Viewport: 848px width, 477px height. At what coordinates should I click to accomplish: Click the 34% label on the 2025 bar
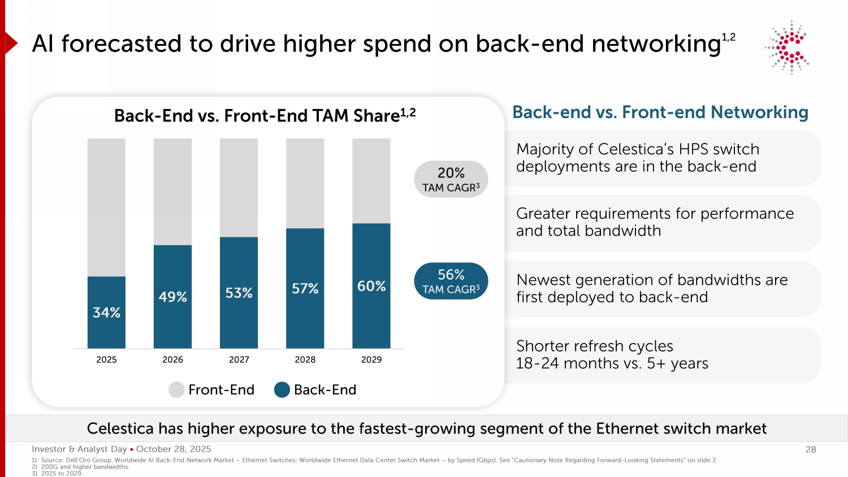coord(106,313)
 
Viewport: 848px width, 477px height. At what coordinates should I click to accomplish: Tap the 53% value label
coord(239,293)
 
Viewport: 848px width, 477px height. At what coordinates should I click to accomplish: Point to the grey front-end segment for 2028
coord(305,183)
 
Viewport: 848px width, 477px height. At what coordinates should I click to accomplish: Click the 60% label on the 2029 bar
coord(371,286)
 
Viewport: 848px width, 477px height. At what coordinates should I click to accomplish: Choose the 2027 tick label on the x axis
coord(239,359)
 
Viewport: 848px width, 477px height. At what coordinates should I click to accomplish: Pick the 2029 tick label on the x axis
coord(371,359)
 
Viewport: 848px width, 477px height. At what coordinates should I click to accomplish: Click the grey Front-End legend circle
coord(176,389)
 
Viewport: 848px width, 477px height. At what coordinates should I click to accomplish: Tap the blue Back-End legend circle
coord(282,389)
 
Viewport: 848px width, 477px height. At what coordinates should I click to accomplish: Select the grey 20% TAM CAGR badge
coord(451,179)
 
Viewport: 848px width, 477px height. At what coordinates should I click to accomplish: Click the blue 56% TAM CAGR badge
coord(451,281)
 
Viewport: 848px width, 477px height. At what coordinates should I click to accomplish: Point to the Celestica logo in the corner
coord(788,47)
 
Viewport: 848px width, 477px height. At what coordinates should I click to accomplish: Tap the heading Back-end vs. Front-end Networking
coord(660,112)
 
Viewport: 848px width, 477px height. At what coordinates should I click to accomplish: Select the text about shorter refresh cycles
coord(612,354)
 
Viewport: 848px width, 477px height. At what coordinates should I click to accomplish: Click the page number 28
coord(810,449)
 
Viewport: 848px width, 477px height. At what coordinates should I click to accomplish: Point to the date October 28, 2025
coord(174,449)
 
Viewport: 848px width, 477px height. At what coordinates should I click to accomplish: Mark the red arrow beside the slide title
coord(11,43)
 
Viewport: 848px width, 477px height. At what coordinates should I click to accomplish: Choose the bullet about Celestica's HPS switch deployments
coord(637,158)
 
